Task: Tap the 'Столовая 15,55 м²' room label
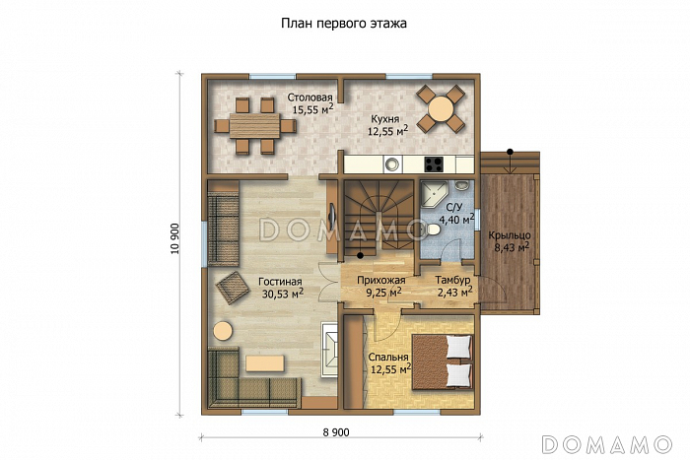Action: tap(310, 104)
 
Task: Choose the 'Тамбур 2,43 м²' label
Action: tap(452, 287)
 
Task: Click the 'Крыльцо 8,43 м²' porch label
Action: tap(510, 241)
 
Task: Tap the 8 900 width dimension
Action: tap(336, 432)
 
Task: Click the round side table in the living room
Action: tap(223, 330)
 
